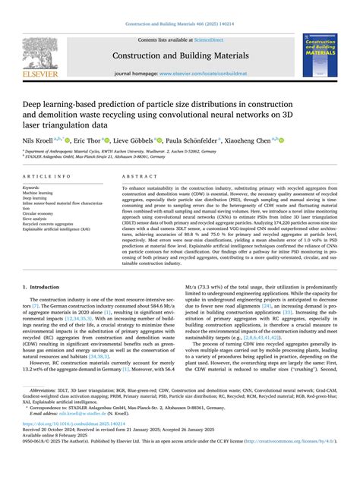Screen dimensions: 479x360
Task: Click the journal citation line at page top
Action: (180, 24)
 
